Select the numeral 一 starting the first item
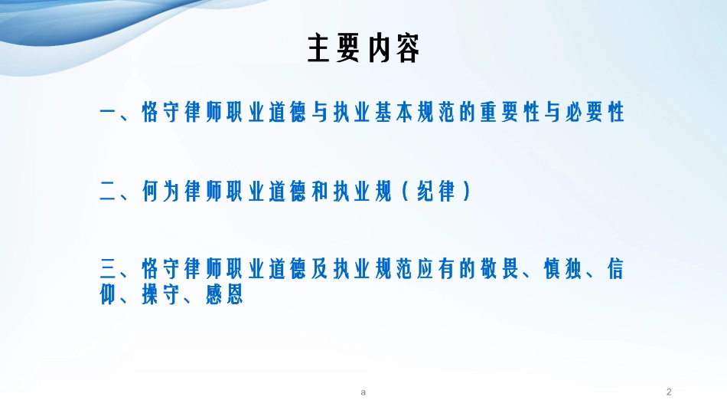[x=108, y=113]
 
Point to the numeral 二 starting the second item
[x=108, y=192]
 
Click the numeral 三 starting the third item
[x=108, y=270]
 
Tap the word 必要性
[x=595, y=113]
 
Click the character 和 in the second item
[x=320, y=192]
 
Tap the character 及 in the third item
[x=320, y=270]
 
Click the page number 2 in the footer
[x=669, y=392]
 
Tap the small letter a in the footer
[x=363, y=392]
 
